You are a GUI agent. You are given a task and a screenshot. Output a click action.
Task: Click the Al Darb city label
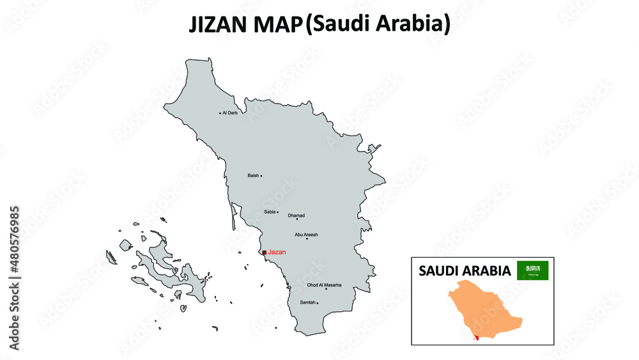pyautogui.click(x=230, y=113)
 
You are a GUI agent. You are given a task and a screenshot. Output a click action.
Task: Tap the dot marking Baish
pyautogui.click(x=261, y=176)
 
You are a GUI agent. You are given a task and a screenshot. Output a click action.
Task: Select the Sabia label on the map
pyautogui.click(x=270, y=212)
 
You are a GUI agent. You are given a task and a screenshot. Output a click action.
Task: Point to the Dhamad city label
pyautogui.click(x=296, y=215)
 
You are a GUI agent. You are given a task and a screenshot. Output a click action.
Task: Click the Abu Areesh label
pyautogui.click(x=306, y=235)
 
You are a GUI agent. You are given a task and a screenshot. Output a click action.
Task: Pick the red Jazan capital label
pyautogui.click(x=277, y=253)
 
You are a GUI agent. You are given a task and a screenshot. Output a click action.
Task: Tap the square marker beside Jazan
pyautogui.click(x=265, y=253)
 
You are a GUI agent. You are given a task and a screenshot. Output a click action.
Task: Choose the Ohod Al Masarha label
pyautogui.click(x=324, y=285)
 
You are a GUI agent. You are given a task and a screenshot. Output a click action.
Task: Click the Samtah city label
pyautogui.click(x=307, y=302)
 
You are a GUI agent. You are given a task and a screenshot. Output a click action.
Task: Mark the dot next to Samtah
pyautogui.click(x=318, y=303)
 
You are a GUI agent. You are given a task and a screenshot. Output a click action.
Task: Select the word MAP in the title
pyautogui.click(x=276, y=25)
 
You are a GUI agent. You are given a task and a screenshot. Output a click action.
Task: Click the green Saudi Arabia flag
pyautogui.click(x=532, y=270)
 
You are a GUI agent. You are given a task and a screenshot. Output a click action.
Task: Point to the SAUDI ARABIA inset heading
pyautogui.click(x=465, y=271)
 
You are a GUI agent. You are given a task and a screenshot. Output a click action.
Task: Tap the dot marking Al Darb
pyautogui.click(x=220, y=113)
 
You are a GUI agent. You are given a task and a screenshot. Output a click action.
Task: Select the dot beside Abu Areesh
pyautogui.click(x=307, y=239)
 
